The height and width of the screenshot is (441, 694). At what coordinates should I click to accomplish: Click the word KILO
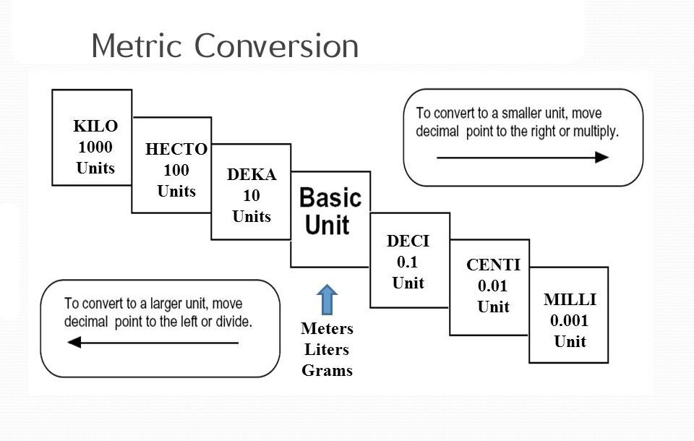(x=95, y=127)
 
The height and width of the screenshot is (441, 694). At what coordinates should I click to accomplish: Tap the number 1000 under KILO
(x=95, y=147)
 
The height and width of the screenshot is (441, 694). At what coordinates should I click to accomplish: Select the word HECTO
(x=176, y=150)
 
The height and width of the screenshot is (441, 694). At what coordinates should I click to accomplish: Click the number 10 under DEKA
(x=252, y=195)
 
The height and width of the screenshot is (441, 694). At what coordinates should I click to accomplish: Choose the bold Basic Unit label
(x=330, y=210)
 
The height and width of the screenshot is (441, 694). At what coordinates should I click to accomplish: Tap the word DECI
(x=408, y=240)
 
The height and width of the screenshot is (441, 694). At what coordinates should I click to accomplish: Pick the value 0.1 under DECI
(x=408, y=261)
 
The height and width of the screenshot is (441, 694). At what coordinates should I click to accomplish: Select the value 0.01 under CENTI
(x=494, y=286)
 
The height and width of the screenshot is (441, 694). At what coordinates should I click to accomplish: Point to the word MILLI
(x=570, y=299)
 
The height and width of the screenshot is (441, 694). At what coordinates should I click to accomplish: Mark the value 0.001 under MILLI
(x=570, y=320)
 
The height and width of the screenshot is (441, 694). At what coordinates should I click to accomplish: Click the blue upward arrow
(x=327, y=299)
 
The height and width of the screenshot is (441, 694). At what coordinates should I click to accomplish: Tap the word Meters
(x=327, y=329)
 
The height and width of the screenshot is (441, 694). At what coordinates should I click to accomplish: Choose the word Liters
(x=327, y=350)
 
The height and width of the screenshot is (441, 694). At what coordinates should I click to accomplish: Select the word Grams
(x=327, y=371)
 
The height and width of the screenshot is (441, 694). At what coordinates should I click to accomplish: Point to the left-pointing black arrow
(x=153, y=343)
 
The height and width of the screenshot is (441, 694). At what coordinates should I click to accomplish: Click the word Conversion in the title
(x=278, y=46)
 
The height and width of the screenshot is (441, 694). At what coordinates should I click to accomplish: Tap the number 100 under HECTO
(x=176, y=171)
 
